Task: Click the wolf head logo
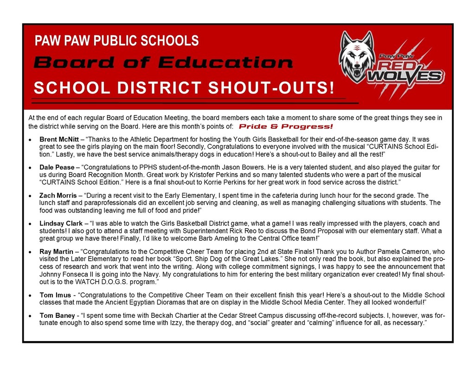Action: [356, 57]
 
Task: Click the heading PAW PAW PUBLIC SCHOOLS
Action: [116, 41]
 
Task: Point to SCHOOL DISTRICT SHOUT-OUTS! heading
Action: [184, 88]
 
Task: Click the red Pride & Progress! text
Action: [286, 127]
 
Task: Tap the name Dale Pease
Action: [57, 167]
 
